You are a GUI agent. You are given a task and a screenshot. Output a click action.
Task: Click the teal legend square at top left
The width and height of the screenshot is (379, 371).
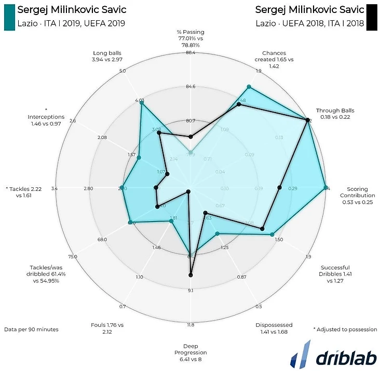tap(9, 16)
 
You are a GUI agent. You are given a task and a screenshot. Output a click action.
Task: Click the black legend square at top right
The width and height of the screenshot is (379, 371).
tap(371, 16)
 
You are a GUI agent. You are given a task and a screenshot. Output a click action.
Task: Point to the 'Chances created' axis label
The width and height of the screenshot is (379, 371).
tap(278, 60)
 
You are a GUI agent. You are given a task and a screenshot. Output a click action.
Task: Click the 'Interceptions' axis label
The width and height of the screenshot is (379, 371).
tap(46, 117)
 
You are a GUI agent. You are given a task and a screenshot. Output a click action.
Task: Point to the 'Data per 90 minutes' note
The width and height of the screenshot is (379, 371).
tap(31, 329)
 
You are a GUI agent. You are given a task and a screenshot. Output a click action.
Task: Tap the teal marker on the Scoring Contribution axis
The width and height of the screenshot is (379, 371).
tap(325, 188)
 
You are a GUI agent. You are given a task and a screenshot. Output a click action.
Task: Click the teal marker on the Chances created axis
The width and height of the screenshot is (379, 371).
tap(249, 87)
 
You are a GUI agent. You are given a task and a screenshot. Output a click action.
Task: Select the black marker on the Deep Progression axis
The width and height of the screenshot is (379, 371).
tap(191, 275)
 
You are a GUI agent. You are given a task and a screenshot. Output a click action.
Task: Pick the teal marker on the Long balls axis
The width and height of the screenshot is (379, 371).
tap(141, 103)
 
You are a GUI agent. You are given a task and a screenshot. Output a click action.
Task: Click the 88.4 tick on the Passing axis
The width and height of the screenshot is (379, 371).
tap(190, 53)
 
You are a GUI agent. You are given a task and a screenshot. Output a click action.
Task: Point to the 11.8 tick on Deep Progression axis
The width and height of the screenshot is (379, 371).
tap(191, 325)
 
